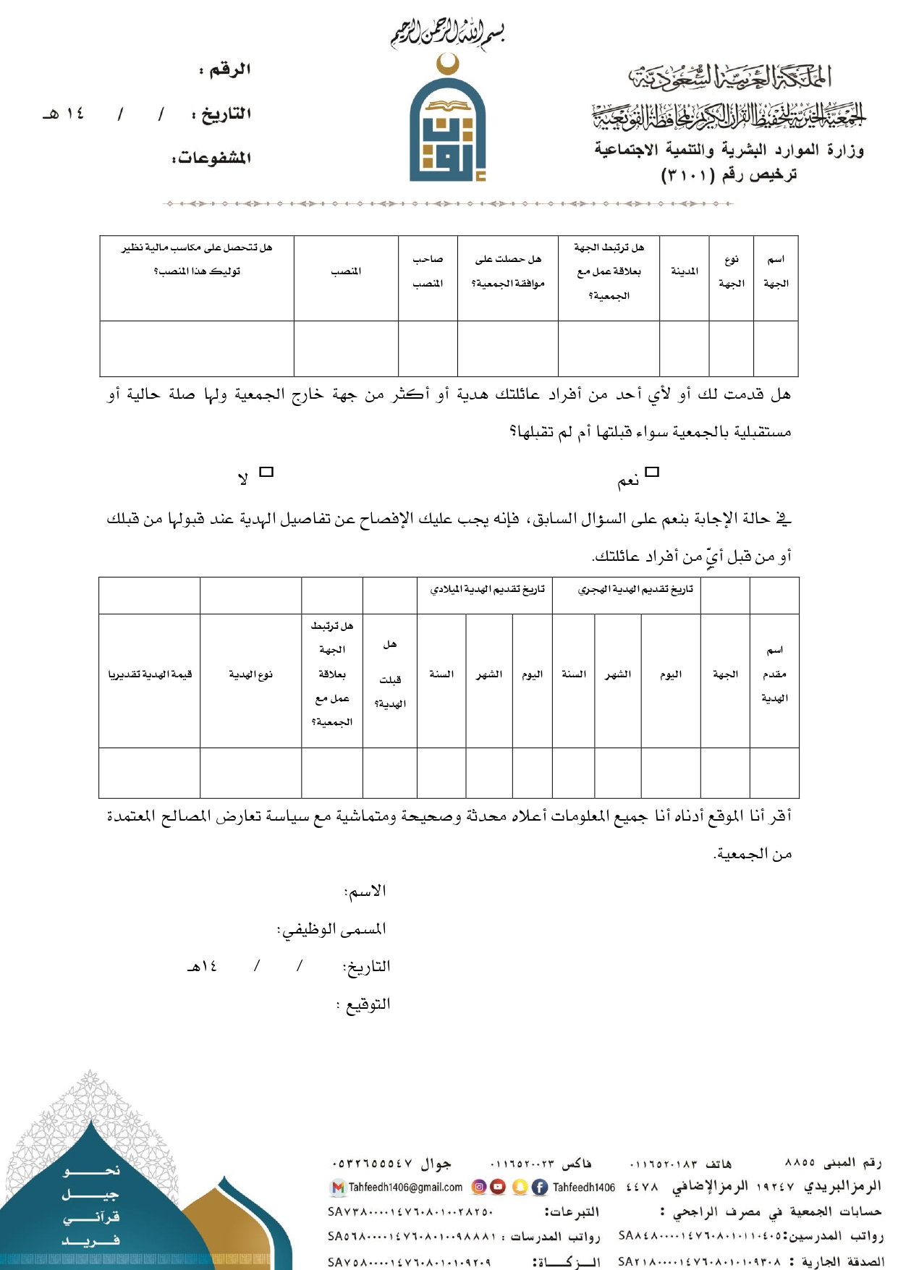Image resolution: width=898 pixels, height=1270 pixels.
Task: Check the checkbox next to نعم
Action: [652, 473]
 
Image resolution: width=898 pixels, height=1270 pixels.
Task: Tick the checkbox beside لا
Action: [266, 473]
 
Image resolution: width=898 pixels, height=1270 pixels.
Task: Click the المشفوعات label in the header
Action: [212, 158]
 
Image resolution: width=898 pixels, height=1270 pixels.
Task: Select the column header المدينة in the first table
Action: [684, 271]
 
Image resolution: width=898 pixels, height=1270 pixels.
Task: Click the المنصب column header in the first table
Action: [346, 271]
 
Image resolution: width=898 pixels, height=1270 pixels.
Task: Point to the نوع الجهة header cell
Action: [731, 271]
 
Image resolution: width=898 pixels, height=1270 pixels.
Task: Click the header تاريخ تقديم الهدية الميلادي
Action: [487, 590]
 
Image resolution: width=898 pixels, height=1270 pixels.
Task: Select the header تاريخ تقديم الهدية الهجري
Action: [635, 590]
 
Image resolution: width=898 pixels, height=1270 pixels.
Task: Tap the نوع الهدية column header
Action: [250, 674]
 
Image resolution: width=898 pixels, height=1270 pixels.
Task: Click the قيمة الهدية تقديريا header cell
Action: [150, 674]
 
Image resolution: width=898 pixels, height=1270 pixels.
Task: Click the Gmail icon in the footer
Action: [337, 1188]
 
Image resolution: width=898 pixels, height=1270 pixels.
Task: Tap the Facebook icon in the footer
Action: [540, 1188]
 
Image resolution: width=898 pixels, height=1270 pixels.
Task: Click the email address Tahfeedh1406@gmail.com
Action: [405, 1188]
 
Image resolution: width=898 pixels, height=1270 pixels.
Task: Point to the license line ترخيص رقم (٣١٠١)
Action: [729, 175]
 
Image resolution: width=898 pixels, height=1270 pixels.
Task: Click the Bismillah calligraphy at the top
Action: [447, 33]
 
